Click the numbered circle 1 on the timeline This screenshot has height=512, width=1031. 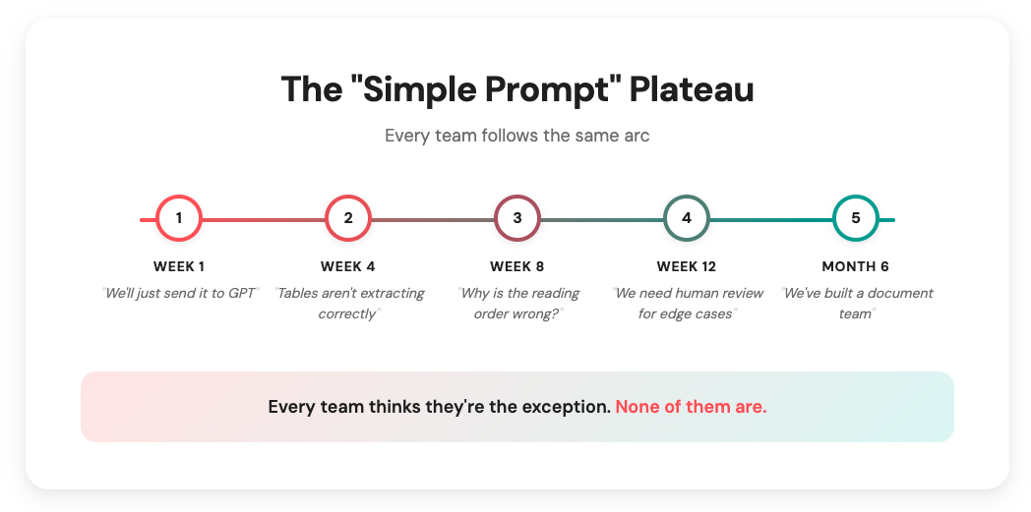pyautogui.click(x=179, y=218)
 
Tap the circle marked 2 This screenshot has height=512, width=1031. pyautogui.click(x=348, y=218)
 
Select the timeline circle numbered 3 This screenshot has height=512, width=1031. pyautogui.click(x=517, y=218)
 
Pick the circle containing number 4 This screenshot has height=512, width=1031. pyautogui.click(x=687, y=218)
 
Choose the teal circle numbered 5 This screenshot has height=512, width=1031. pyautogui.click(x=856, y=218)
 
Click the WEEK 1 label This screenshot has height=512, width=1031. pyautogui.click(x=179, y=266)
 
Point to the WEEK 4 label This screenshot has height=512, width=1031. pyautogui.click(x=348, y=266)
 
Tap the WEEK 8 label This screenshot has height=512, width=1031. pyautogui.click(x=517, y=266)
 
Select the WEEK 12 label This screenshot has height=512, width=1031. pyautogui.click(x=687, y=266)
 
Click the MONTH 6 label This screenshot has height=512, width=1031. pyautogui.click(x=856, y=266)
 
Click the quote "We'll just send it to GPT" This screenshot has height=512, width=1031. pyautogui.click(x=179, y=293)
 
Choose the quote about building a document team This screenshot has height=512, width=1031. pyautogui.click(x=856, y=303)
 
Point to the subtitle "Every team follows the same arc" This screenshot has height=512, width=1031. pyautogui.click(x=516, y=136)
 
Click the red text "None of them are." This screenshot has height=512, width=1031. pyautogui.click(x=691, y=407)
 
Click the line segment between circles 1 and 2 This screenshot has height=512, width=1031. pyautogui.click(x=264, y=219)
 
